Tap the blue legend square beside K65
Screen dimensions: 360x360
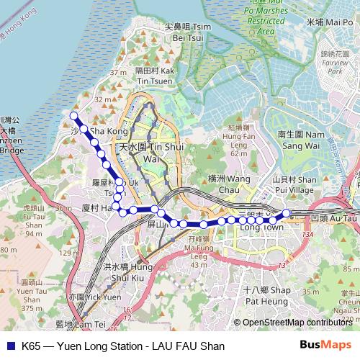point(9,346)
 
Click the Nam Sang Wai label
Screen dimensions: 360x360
point(301,140)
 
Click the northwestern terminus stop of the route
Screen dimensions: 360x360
point(73,115)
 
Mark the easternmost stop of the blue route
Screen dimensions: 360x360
point(286,212)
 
